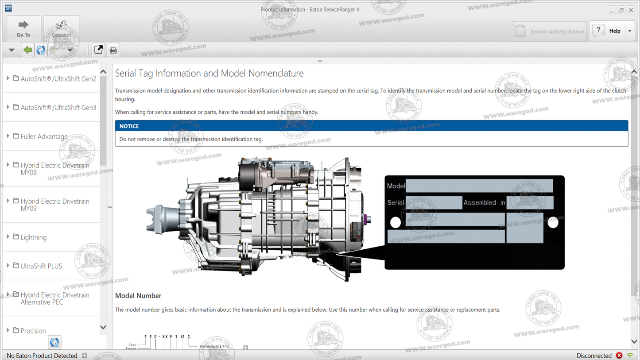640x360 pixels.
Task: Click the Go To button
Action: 23,28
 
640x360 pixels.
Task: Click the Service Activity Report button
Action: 550,31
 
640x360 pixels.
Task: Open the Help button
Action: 609,31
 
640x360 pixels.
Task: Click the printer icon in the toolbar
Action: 113,50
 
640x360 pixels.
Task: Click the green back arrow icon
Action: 27,50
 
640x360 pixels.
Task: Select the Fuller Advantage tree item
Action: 44,136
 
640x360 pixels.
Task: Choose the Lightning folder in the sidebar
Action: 33,237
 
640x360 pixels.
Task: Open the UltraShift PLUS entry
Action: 41,266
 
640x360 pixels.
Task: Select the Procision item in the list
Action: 33,331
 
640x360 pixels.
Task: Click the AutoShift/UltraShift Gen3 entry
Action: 58,108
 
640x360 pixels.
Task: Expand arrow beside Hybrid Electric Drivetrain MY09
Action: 8,201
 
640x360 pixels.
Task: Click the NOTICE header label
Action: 129,126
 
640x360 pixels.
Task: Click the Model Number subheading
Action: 138,296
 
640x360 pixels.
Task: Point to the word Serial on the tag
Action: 396,203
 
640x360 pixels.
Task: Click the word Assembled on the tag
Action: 480,203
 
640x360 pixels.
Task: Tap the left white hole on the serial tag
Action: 396,222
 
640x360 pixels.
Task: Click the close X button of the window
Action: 631,10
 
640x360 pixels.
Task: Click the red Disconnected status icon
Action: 619,356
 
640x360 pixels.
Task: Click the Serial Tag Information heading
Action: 209,74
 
